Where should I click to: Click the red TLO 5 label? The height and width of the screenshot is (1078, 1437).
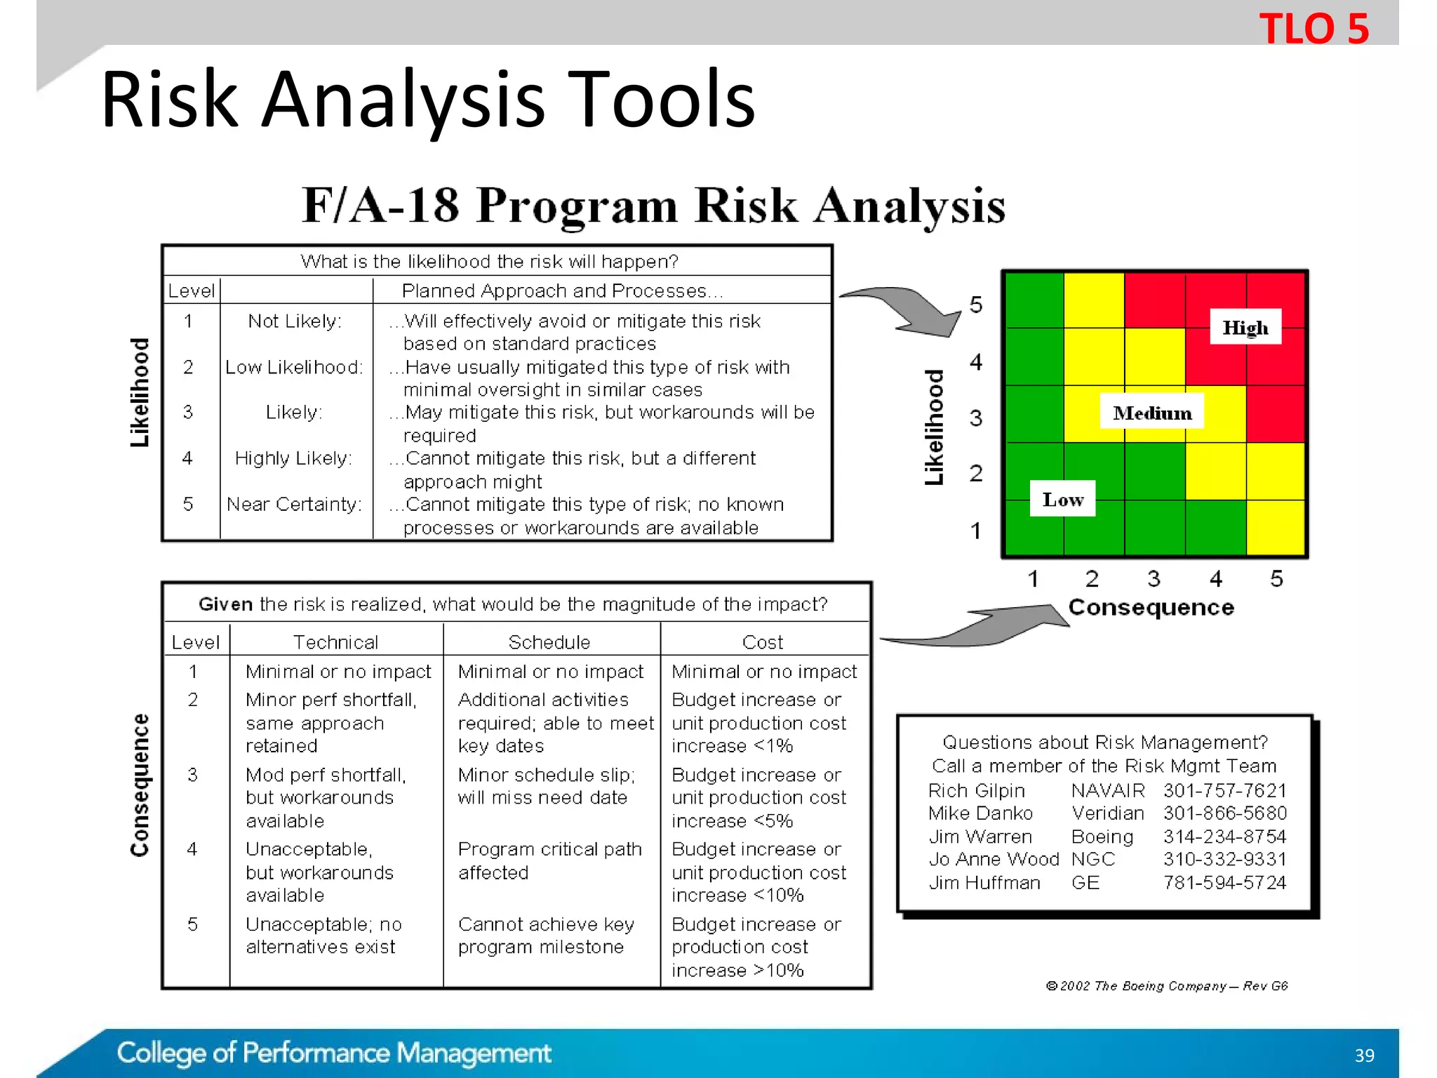pyautogui.click(x=1314, y=29)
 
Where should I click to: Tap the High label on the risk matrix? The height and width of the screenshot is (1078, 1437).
pyautogui.click(x=1245, y=327)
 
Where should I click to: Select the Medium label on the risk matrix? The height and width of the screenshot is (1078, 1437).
pyautogui.click(x=1152, y=413)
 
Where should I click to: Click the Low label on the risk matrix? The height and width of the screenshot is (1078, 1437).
pyautogui.click(x=1062, y=499)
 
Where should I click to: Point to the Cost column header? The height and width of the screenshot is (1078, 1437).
pyautogui.click(x=763, y=641)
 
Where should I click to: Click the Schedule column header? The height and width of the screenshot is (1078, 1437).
pyautogui.click(x=549, y=641)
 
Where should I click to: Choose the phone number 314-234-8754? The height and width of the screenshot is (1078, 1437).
pyautogui.click(x=1224, y=836)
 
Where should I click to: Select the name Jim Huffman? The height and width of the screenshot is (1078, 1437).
pyautogui.click(x=984, y=882)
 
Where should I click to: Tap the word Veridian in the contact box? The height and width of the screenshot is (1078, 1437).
pyautogui.click(x=1107, y=813)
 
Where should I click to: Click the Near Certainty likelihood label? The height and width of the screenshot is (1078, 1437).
pyautogui.click(x=294, y=504)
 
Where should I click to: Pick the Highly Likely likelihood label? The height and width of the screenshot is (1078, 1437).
pyautogui.click(x=293, y=458)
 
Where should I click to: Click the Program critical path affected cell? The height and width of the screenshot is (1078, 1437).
pyautogui.click(x=549, y=860)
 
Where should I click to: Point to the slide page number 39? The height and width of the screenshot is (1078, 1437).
pyautogui.click(x=1364, y=1055)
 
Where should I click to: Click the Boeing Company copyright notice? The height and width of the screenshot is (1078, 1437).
pyautogui.click(x=1166, y=985)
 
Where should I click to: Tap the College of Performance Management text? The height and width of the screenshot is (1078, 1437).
pyautogui.click(x=334, y=1053)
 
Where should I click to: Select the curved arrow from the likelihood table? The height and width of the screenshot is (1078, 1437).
pyautogui.click(x=905, y=310)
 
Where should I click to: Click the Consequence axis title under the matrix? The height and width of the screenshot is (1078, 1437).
pyautogui.click(x=1151, y=607)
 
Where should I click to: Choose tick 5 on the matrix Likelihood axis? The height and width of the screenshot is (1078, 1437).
pyautogui.click(x=975, y=305)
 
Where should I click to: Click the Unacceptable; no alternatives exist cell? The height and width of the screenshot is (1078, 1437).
pyautogui.click(x=323, y=935)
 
